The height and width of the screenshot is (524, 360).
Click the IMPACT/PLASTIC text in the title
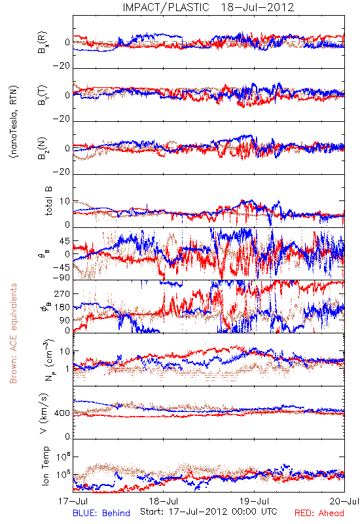[x=166, y=7]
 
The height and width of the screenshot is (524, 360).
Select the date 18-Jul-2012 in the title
[x=257, y=7]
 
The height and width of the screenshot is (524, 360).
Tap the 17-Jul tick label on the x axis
[x=73, y=502]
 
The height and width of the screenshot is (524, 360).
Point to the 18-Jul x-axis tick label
[x=164, y=502]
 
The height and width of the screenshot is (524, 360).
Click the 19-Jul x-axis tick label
[x=255, y=502]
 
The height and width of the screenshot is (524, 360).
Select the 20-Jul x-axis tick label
[x=344, y=502]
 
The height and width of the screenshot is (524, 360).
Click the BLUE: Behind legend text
[x=101, y=514]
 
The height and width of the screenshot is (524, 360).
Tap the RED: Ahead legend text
[x=319, y=514]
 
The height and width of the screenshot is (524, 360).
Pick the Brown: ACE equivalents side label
[x=13, y=333]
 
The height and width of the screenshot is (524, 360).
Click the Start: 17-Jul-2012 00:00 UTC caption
[x=208, y=512]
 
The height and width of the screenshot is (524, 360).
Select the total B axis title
[x=48, y=201]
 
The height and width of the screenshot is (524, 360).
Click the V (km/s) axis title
[x=44, y=413]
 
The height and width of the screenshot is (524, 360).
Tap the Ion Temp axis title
[x=46, y=466]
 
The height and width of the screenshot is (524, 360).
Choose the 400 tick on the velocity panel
[x=62, y=413]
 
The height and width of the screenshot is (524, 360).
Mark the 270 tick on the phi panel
[x=62, y=293]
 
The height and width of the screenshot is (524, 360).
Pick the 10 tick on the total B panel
[x=65, y=201]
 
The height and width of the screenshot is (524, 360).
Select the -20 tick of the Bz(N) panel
[x=61, y=172]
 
